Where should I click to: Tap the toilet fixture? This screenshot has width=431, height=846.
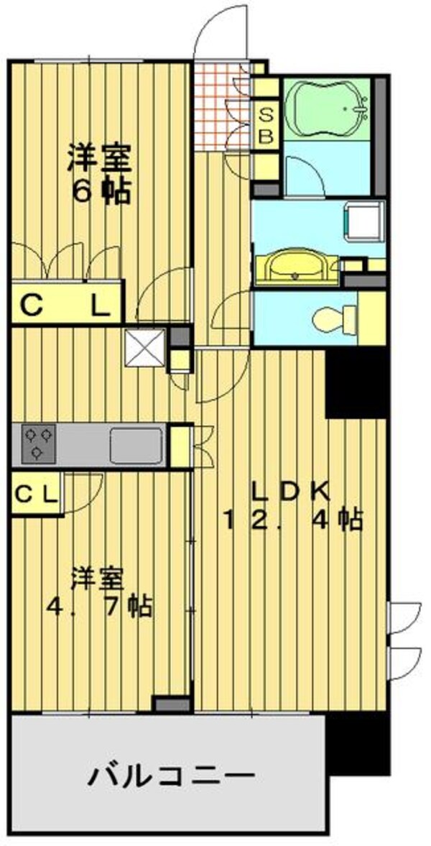334,318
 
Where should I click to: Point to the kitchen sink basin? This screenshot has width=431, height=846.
136,445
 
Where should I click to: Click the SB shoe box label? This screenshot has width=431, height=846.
265,125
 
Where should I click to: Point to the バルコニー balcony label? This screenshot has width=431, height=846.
172,776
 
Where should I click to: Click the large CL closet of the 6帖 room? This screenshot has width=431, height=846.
65,305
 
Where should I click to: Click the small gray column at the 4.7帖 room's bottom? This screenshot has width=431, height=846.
172,704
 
